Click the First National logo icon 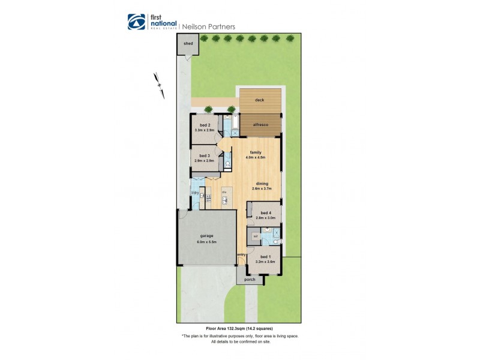pyautogui.click(x=136, y=22)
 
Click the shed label pyautogui.click(x=188, y=44)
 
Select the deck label pyautogui.click(x=259, y=100)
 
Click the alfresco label pyautogui.click(x=259, y=124)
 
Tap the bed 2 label pyautogui.click(x=205, y=125)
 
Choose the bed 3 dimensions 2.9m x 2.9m pyautogui.click(x=205, y=161)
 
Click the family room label pyautogui.click(x=256, y=152)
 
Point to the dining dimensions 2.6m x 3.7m pyautogui.click(x=262, y=188)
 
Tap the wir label pyautogui.click(x=255, y=237)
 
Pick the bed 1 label pyautogui.click(x=265, y=256)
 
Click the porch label pyautogui.click(x=250, y=279)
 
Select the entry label pyautogui.click(x=241, y=255)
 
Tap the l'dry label pyautogui.click(x=195, y=193)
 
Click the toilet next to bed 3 pyautogui.click(x=228, y=163)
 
